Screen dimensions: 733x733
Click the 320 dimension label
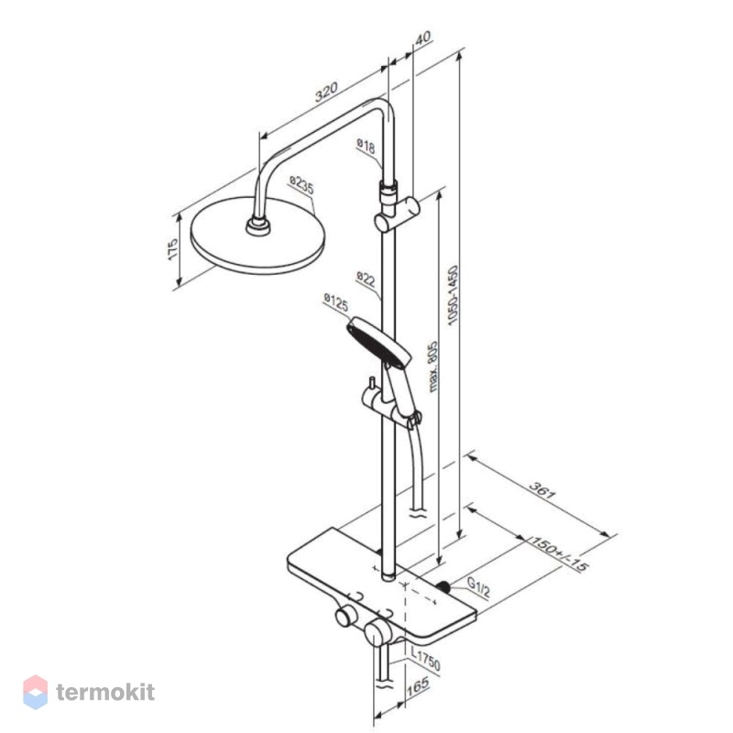[x=326, y=93]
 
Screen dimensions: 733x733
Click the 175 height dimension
[x=172, y=249]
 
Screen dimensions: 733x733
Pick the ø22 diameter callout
[x=366, y=279]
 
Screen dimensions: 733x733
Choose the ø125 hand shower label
[x=335, y=301]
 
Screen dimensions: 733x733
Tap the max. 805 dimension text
[x=432, y=366]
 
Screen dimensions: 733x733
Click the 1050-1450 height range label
[x=453, y=295]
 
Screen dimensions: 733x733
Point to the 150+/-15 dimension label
[x=558, y=553]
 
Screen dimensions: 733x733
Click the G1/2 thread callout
[x=478, y=587]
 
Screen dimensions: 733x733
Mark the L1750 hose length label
[x=425, y=659]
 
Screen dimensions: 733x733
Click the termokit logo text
[x=105, y=692]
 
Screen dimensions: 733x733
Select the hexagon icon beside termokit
[x=36, y=692]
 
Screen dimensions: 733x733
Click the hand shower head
[x=379, y=341]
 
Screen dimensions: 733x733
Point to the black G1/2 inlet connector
[x=443, y=586]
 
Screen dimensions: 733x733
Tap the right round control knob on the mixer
[x=377, y=632]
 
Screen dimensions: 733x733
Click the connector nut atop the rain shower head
[x=258, y=225]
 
